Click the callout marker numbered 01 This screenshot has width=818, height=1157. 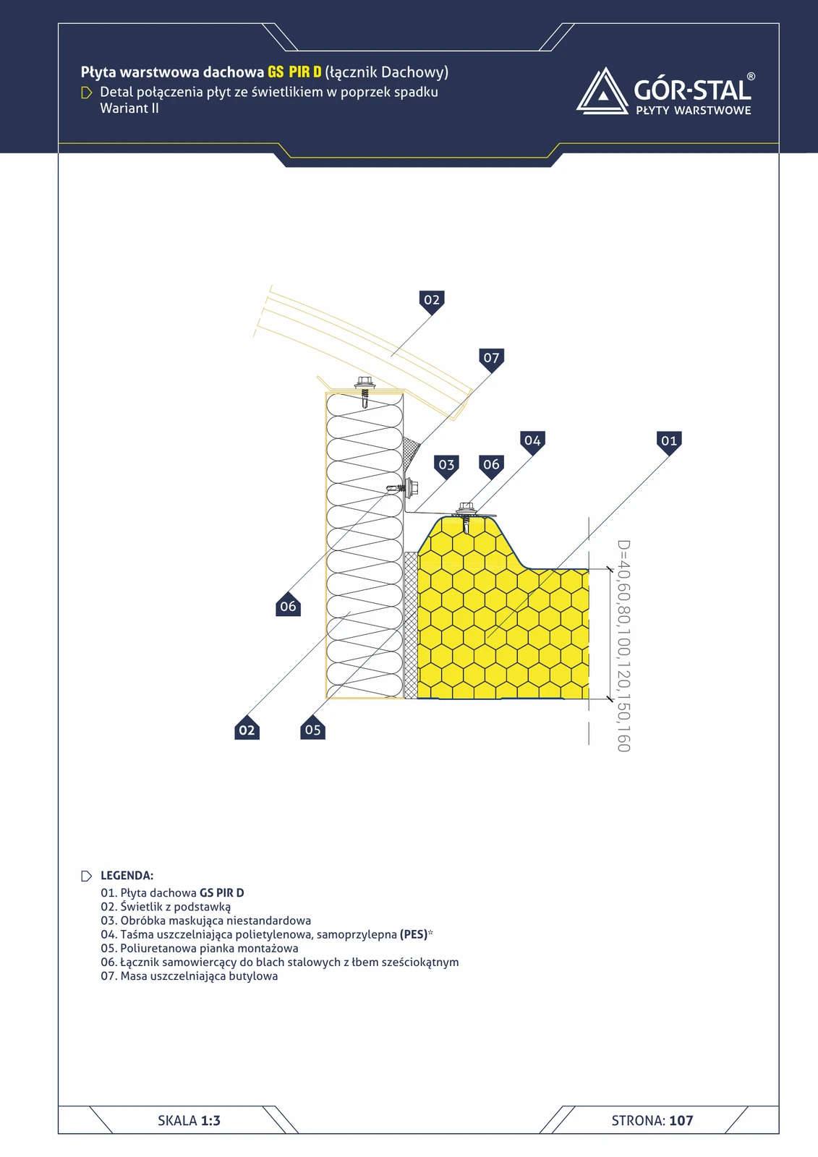(x=669, y=443)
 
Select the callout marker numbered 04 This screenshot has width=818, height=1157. (x=533, y=443)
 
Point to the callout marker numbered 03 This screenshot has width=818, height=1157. (x=446, y=466)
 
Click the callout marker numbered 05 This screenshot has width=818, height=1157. (x=312, y=728)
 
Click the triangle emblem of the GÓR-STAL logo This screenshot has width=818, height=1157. (x=602, y=91)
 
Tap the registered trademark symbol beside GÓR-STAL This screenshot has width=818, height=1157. (x=751, y=77)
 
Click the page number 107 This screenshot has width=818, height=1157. (x=681, y=1120)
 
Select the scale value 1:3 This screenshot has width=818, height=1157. (x=210, y=1120)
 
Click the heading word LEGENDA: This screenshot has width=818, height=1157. (x=127, y=876)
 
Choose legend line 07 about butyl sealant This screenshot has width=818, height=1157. (x=189, y=976)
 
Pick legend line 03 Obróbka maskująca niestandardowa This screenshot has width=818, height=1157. (x=205, y=921)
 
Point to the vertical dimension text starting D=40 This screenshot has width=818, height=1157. (x=623, y=646)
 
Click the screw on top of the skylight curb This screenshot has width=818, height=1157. (x=365, y=391)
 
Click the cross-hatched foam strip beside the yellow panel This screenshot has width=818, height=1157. (x=411, y=625)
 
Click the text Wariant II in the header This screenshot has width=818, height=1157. (x=129, y=108)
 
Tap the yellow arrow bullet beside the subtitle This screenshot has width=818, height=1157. (x=87, y=93)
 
